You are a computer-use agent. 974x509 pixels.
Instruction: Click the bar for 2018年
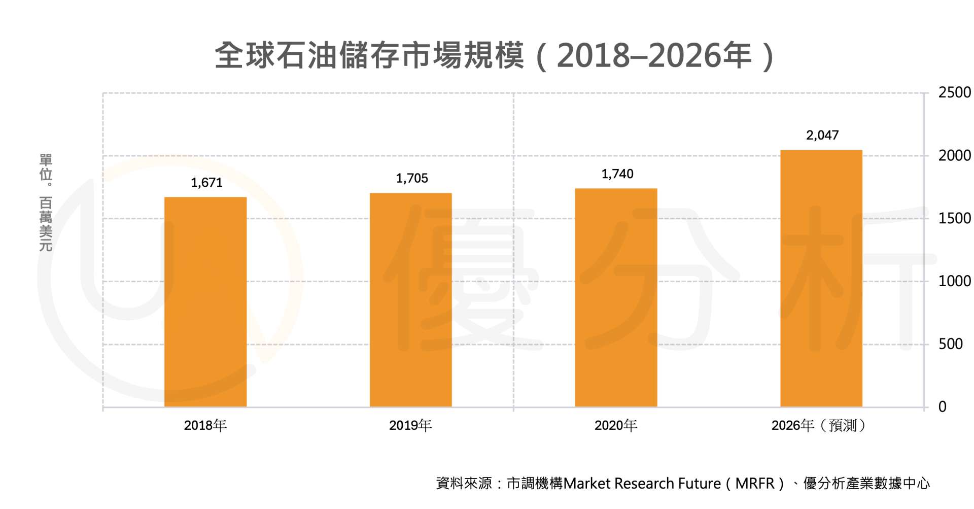tap(205, 302)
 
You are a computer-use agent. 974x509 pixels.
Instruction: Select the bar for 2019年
tap(410, 300)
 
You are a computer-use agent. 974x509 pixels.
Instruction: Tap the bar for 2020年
tap(616, 297)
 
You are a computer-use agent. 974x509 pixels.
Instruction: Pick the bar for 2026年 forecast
tap(821, 278)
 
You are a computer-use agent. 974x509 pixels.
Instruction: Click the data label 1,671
tap(206, 183)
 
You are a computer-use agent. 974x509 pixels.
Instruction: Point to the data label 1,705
tap(412, 178)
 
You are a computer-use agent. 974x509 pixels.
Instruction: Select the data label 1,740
tap(617, 174)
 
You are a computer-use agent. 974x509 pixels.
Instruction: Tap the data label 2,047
tap(822, 135)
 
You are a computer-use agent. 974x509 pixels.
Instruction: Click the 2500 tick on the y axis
tap(954, 92)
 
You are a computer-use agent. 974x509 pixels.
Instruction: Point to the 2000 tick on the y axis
tap(954, 155)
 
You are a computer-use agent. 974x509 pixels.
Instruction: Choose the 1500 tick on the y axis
tap(954, 218)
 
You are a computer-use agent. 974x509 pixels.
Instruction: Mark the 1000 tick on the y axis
tap(954, 281)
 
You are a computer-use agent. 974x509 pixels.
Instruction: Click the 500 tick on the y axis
tap(950, 344)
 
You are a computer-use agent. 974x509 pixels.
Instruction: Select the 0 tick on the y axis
tap(942, 406)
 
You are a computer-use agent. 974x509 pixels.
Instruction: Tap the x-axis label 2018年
tap(205, 425)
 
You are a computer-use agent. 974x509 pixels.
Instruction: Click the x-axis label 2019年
tap(410, 425)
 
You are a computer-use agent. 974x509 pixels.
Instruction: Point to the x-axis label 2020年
tap(616, 425)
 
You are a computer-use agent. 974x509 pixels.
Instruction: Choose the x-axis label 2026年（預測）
tap(820, 425)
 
